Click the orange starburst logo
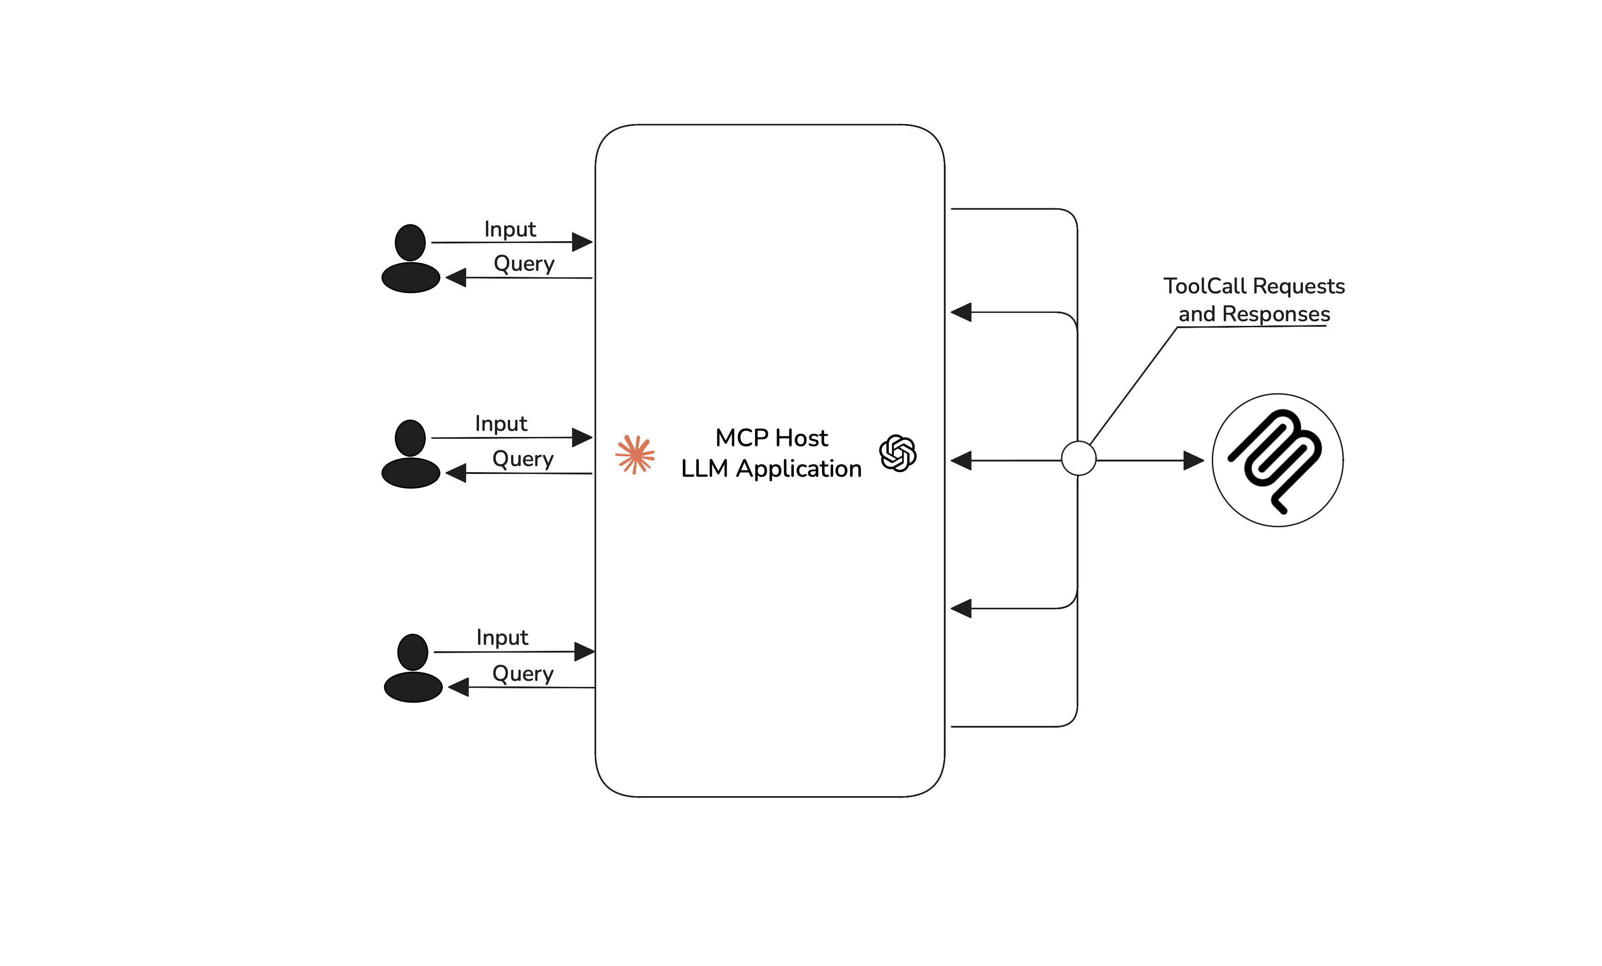(x=635, y=455)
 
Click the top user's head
(x=410, y=243)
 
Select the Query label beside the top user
(x=524, y=264)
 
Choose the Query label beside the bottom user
(x=523, y=673)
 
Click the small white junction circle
(x=1078, y=458)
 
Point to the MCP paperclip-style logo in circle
(x=1277, y=460)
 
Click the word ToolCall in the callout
(x=1205, y=286)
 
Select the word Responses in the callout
(x=1276, y=314)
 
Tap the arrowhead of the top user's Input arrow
(x=582, y=242)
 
